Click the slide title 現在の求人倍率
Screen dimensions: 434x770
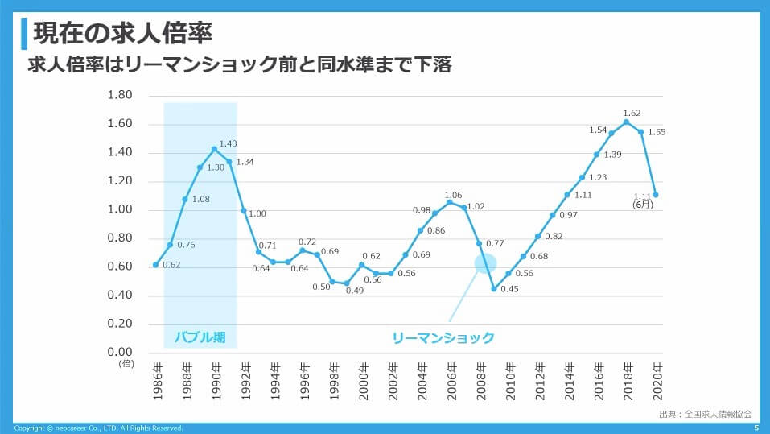(x=122, y=34)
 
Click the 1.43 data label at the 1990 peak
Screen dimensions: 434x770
(x=229, y=143)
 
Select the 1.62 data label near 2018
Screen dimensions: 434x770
(x=632, y=114)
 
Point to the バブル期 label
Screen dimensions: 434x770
(x=200, y=337)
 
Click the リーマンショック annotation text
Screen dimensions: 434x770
(x=443, y=337)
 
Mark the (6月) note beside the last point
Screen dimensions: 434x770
(x=642, y=205)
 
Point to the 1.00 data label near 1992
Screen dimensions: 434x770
(x=257, y=213)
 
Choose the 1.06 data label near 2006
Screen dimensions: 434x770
(x=453, y=195)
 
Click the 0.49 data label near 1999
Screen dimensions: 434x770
(x=355, y=291)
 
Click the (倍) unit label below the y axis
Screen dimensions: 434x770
(x=126, y=364)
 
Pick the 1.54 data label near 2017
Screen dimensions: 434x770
(x=597, y=130)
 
